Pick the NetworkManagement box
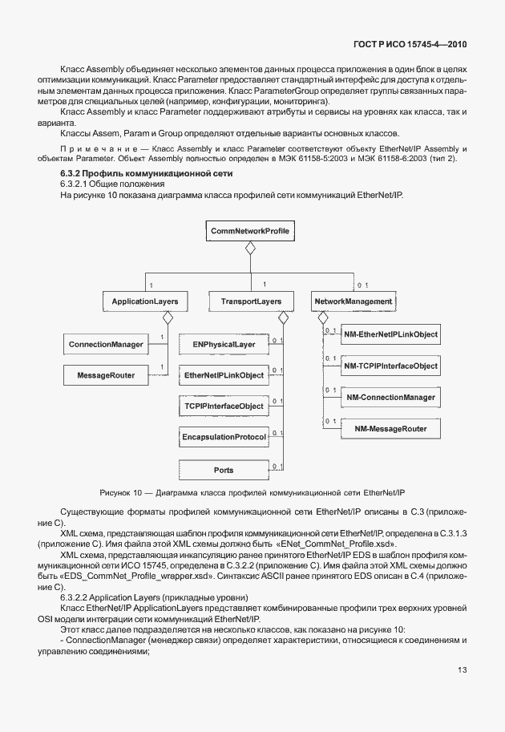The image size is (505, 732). pos(353,301)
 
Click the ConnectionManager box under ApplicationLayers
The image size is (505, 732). pos(106,344)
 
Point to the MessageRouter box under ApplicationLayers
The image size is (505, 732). pos(106,374)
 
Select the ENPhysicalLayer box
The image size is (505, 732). pos(224,344)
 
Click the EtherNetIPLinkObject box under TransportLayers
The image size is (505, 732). pos(224,374)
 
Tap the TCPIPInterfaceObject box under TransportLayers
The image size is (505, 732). pos(224,406)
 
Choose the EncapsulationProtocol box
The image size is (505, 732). pos(224,437)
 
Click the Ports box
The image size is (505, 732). pos(224,469)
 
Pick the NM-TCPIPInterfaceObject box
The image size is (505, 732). pos(391,366)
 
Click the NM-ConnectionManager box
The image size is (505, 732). pos(391,397)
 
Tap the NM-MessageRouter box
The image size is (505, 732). pos(391,429)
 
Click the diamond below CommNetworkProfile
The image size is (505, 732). pos(250,249)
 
